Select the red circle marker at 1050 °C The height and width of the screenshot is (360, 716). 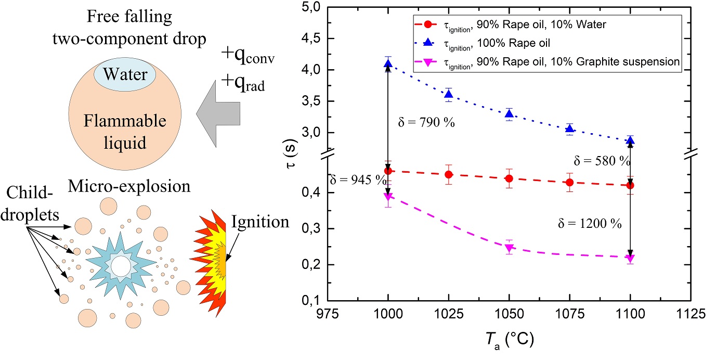click(509, 178)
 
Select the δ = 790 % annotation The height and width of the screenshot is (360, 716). click(420, 123)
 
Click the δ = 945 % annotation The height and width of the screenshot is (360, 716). click(358, 180)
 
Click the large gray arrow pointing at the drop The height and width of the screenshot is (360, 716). click(219, 114)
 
